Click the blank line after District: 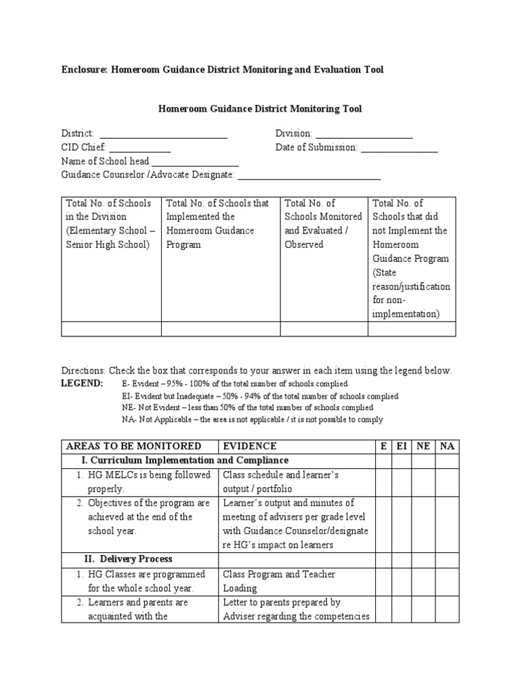[x=163, y=134]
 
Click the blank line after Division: [x=364, y=134]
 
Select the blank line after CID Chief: [x=139, y=148]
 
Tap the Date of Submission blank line [x=399, y=148]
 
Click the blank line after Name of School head [x=195, y=162]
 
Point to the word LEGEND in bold [x=83, y=384]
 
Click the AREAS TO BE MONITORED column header [x=133, y=446]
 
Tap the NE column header [x=422, y=446]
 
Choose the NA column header [x=447, y=446]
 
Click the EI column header [x=401, y=446]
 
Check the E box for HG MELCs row [x=384, y=481]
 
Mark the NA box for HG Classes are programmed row [x=447, y=581]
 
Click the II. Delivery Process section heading [x=128, y=559]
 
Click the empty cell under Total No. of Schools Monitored [x=324, y=329]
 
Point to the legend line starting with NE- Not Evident [x=247, y=407]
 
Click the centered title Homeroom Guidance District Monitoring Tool [x=260, y=108]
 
